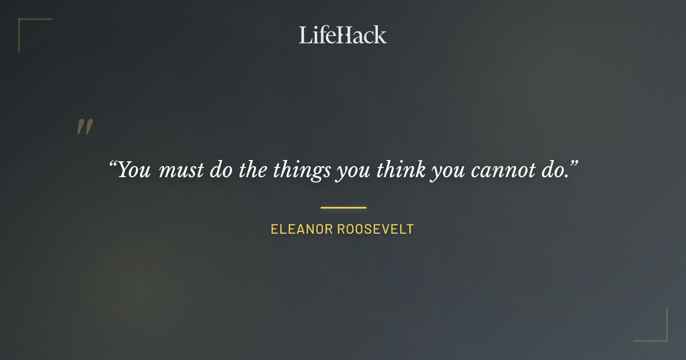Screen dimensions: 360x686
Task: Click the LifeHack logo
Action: (342, 35)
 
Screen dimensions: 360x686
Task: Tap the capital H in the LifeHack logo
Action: (341, 35)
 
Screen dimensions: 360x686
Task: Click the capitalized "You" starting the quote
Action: (134, 170)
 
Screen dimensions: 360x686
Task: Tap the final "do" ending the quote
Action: (555, 170)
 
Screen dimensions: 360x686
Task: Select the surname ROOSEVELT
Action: (375, 230)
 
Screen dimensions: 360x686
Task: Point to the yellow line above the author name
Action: (343, 207)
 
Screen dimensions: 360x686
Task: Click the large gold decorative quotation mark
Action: (85, 127)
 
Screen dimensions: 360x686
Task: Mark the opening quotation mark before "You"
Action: (113, 165)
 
